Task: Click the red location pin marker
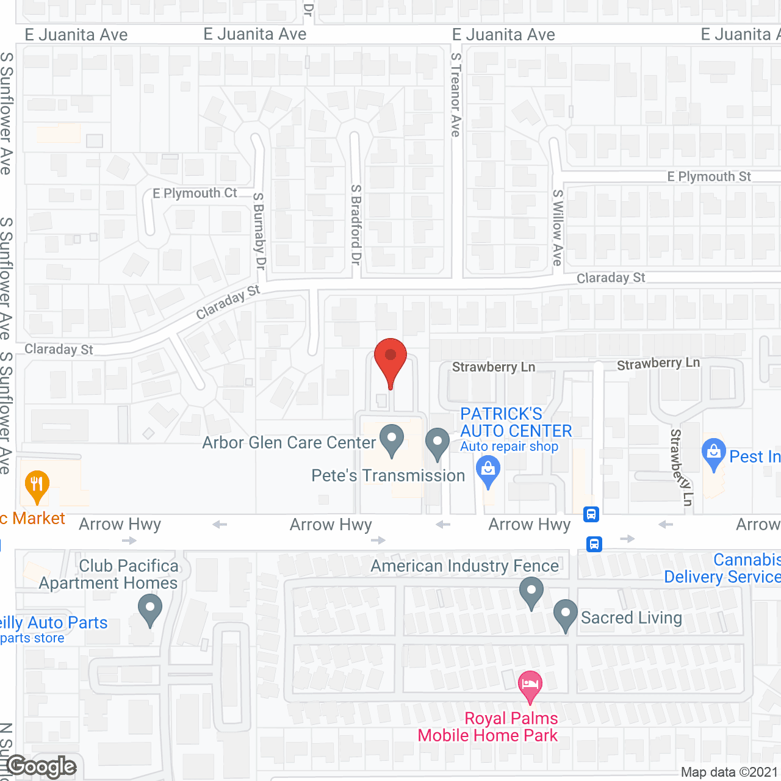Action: click(x=390, y=360)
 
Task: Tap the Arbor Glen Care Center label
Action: click(x=289, y=442)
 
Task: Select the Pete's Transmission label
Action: click(x=388, y=475)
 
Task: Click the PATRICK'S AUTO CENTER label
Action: click(x=516, y=422)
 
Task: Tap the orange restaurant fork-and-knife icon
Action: click(x=37, y=486)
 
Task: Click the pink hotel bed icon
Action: click(x=530, y=685)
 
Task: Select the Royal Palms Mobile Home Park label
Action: click(x=488, y=727)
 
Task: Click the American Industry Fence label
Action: click(x=464, y=566)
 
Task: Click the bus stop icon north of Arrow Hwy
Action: click(x=591, y=514)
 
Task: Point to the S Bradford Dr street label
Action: click(x=356, y=225)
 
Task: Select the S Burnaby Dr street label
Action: click(x=259, y=231)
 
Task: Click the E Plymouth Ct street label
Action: click(x=195, y=193)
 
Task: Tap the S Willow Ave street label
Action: click(x=557, y=227)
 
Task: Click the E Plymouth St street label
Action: click(x=708, y=176)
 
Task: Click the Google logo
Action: click(x=41, y=766)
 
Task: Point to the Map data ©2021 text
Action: click(x=729, y=772)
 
